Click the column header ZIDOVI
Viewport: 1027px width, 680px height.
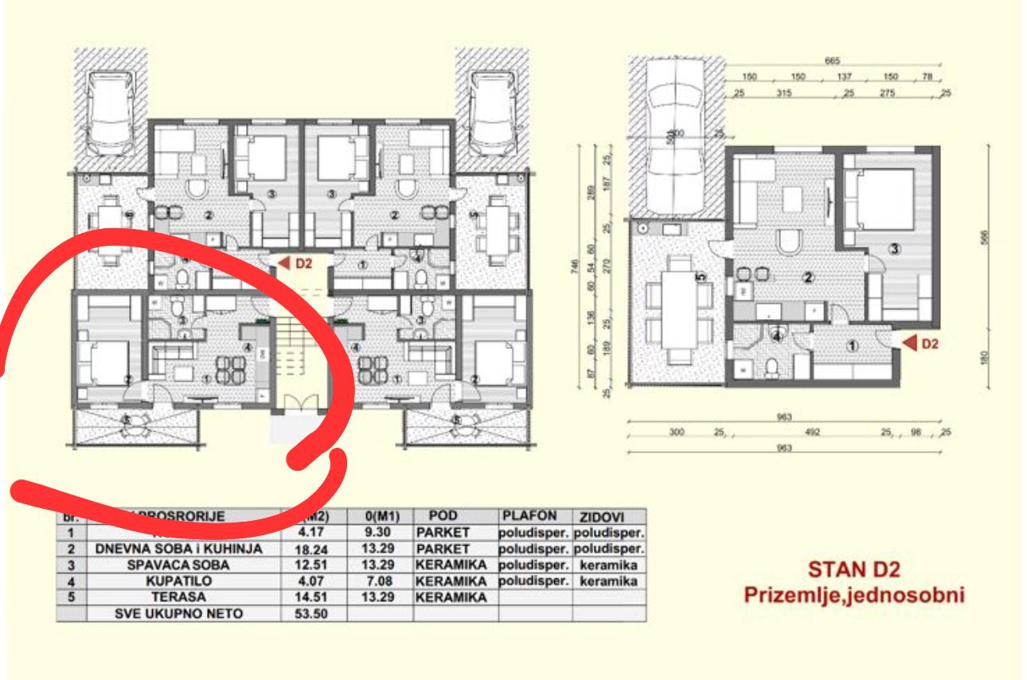point(608,517)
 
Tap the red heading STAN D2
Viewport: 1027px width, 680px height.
point(854,569)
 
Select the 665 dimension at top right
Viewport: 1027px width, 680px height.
point(833,61)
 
